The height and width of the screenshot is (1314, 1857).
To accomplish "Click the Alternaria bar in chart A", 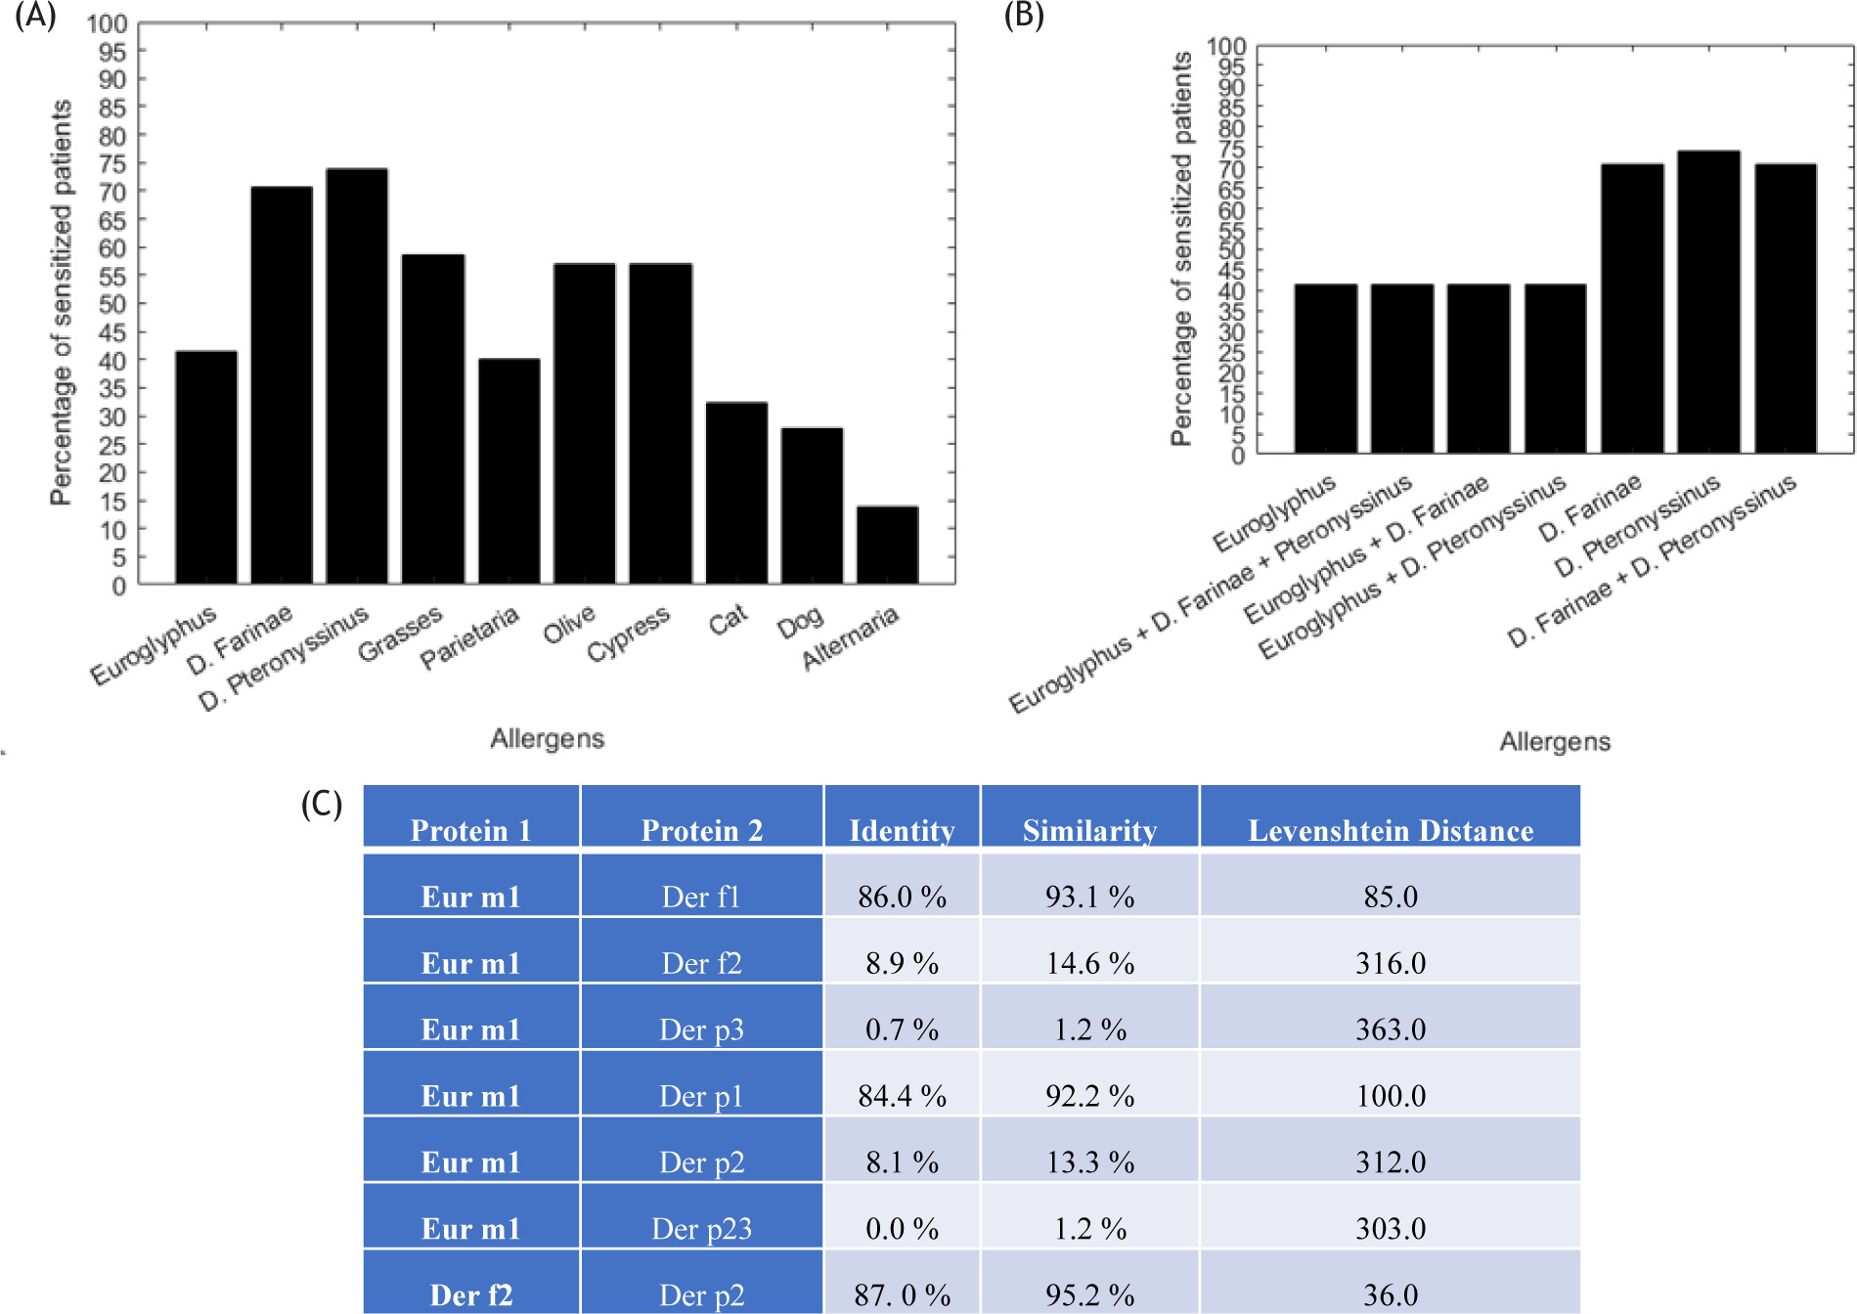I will tap(887, 545).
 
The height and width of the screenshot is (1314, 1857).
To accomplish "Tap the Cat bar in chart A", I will tap(736, 493).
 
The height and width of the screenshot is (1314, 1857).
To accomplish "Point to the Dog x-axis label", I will tap(800, 623).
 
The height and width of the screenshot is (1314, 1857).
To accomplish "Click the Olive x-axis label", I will tap(569, 624).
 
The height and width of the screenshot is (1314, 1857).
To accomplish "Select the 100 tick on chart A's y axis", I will tap(107, 23).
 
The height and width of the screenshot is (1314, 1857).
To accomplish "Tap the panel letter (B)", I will tap(1024, 17).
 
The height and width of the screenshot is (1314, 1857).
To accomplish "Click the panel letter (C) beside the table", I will tap(322, 804).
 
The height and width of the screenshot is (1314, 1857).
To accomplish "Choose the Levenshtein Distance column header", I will tap(1391, 831).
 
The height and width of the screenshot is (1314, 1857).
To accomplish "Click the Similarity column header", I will tap(1089, 831).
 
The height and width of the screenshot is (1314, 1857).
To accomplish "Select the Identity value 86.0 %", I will tap(902, 897).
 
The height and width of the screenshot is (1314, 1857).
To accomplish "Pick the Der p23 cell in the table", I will tap(701, 1229).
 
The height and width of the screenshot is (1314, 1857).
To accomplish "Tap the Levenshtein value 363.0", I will tap(1391, 1029).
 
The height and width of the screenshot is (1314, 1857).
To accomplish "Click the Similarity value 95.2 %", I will tap(1089, 1295).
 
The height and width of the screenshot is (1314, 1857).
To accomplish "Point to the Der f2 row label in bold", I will tap(470, 1295).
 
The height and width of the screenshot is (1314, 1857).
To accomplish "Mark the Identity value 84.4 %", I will tap(902, 1096).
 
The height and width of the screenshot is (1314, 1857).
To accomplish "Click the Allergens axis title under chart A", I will tap(547, 738).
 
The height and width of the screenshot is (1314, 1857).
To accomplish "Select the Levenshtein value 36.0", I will tap(1391, 1295).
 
